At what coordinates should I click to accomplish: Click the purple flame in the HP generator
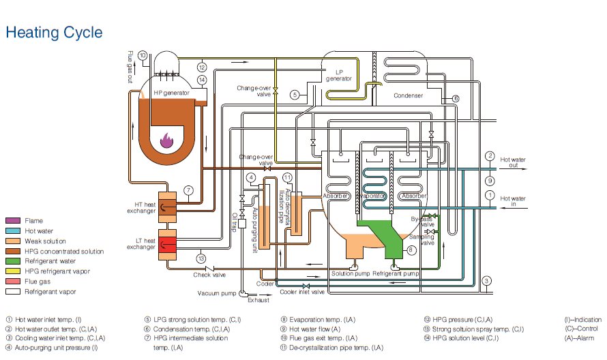tap(167, 140)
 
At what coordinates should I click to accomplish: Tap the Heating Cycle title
tap(54, 32)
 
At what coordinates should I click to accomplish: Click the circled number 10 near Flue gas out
tap(142, 55)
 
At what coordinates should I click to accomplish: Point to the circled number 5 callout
tap(295, 94)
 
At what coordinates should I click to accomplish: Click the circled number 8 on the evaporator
tap(412, 250)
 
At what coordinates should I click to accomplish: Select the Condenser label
tap(409, 95)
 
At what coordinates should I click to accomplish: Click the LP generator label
tap(339, 75)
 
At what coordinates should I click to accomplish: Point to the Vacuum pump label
tap(216, 293)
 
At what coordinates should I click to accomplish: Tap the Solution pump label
tap(350, 273)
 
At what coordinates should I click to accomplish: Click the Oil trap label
tap(234, 221)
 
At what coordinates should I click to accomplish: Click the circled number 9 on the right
tap(489, 181)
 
